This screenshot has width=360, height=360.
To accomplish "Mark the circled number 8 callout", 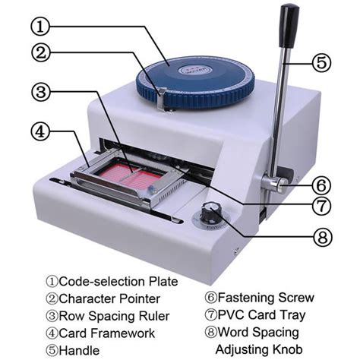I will (x=321, y=238).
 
